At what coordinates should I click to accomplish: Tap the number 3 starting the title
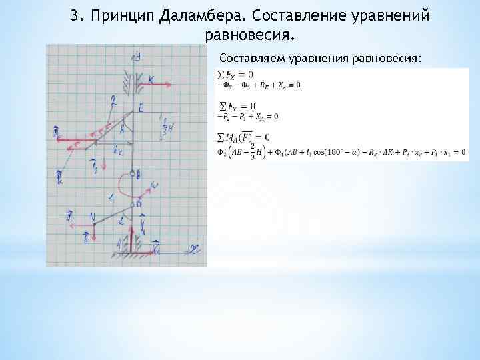click(x=75, y=15)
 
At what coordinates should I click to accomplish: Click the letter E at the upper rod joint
click(x=141, y=108)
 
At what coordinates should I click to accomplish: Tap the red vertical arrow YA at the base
click(x=142, y=231)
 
